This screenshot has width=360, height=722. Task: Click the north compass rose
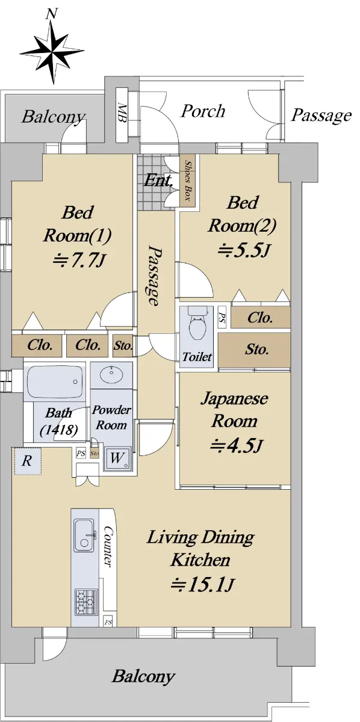pyautogui.click(x=52, y=51)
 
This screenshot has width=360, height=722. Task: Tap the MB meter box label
pyautogui.click(x=122, y=112)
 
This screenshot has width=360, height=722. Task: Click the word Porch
pyautogui.click(x=203, y=111)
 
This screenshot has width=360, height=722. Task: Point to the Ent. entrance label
pyautogui.click(x=157, y=181)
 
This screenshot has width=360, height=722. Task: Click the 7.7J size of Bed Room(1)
pyautogui.click(x=79, y=260)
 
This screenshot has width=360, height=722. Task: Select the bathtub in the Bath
pyautogui.click(x=54, y=382)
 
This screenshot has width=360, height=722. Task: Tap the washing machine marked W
pyautogui.click(x=117, y=458)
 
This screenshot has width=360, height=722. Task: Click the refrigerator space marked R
pyautogui.click(x=27, y=461)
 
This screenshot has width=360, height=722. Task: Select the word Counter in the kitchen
pyautogui.click(x=108, y=547)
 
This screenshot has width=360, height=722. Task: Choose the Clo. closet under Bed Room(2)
pyautogui.click(x=260, y=318)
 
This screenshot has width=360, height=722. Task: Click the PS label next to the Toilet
pyautogui.click(x=222, y=317)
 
